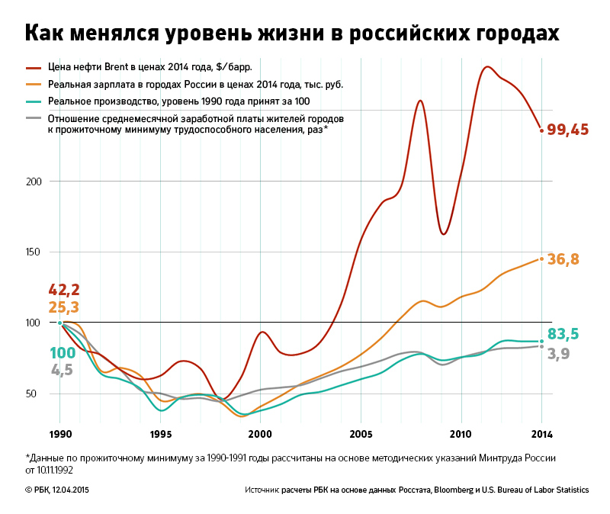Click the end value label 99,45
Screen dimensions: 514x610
(x=568, y=130)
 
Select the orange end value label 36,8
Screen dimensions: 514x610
(x=563, y=260)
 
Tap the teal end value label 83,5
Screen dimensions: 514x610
(x=563, y=334)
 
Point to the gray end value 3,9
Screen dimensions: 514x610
(x=559, y=354)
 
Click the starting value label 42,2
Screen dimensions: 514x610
(x=64, y=290)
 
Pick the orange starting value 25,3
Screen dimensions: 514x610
(x=64, y=308)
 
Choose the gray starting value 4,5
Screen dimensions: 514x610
(x=62, y=371)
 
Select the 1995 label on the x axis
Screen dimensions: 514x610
(x=160, y=435)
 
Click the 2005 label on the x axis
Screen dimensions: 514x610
(x=361, y=435)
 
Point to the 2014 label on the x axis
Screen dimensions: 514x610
(x=541, y=435)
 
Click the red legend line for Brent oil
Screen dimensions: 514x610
(x=35, y=67)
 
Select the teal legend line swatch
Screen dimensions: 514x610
(x=35, y=101)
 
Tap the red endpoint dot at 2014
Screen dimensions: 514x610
(x=541, y=130)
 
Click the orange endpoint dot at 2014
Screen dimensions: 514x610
(x=541, y=259)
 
